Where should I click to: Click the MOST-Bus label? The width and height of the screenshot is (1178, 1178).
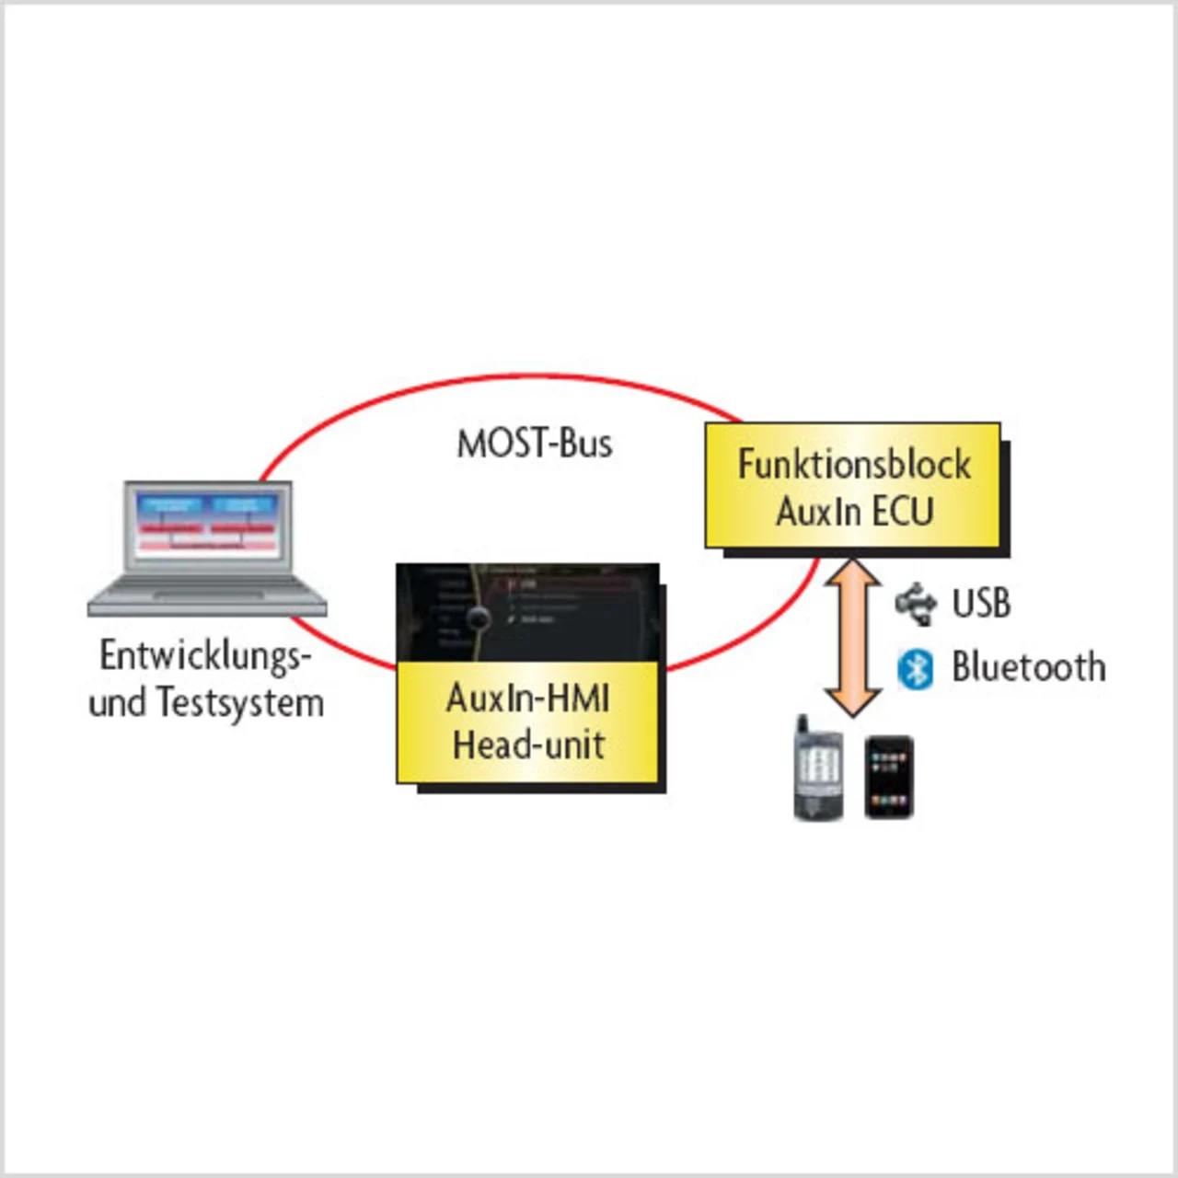point(534,444)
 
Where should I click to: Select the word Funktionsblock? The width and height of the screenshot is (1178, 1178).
point(853,465)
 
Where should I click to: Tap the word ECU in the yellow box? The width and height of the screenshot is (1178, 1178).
point(903,512)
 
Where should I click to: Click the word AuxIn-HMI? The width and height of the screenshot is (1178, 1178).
point(527,699)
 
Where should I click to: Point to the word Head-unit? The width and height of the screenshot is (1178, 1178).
point(528,745)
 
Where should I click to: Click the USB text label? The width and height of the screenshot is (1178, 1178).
point(981,604)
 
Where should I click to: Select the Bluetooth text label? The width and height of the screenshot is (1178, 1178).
point(1028,667)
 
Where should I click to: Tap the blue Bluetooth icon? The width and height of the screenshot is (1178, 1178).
point(915,669)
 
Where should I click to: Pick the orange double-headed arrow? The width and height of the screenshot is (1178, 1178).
point(853,637)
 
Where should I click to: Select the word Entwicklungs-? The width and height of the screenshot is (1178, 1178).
point(205,656)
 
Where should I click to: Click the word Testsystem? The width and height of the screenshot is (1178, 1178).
point(239,703)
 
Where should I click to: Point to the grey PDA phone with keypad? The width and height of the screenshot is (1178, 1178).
point(818,767)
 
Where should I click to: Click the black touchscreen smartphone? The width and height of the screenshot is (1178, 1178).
point(889,777)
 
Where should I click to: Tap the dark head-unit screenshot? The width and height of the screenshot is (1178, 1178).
point(528,611)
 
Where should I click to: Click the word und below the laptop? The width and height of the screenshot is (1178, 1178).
point(117,704)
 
